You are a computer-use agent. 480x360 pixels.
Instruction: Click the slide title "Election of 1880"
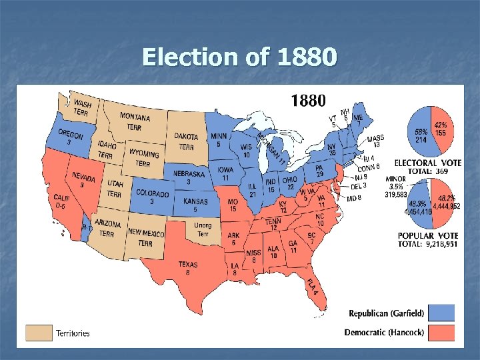click(x=239, y=57)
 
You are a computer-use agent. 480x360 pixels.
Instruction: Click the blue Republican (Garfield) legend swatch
click(x=442, y=313)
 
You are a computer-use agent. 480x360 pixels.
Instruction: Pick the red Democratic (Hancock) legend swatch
click(x=442, y=332)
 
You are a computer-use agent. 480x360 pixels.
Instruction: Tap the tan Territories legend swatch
click(x=39, y=332)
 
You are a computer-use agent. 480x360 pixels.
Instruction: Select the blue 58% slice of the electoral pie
click(x=422, y=134)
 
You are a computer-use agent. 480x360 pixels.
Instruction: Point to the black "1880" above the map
click(x=307, y=101)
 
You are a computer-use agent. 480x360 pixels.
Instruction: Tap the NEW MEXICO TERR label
click(x=145, y=237)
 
